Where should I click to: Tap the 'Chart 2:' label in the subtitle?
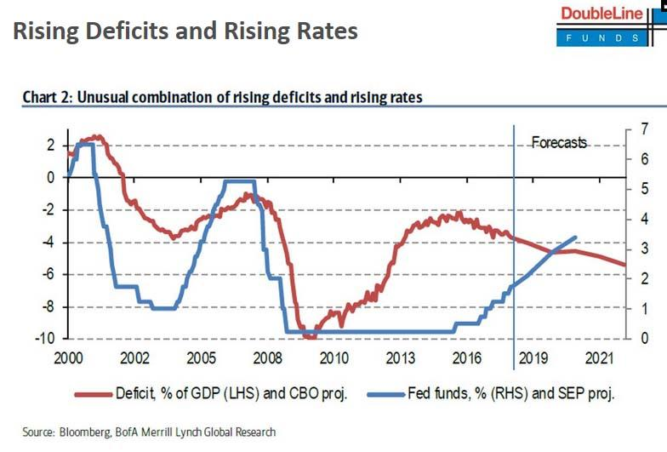tap(48, 98)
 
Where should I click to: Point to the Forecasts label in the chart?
tap(559, 143)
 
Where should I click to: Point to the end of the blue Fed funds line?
tap(577, 237)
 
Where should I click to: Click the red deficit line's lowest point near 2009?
tap(309, 337)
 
